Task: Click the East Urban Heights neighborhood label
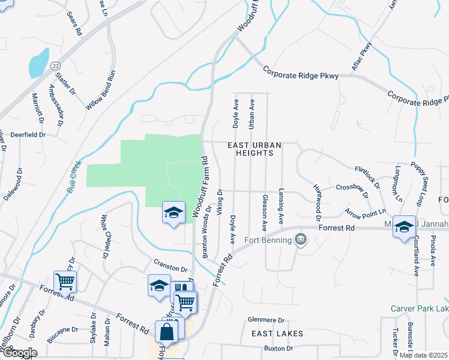250,149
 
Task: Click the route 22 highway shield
55,65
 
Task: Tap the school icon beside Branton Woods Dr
173,214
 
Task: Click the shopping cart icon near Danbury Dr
65,281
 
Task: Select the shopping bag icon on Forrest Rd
166,331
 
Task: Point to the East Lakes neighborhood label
277,333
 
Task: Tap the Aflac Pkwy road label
362,58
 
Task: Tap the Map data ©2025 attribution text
423,355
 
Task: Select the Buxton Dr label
278,349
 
